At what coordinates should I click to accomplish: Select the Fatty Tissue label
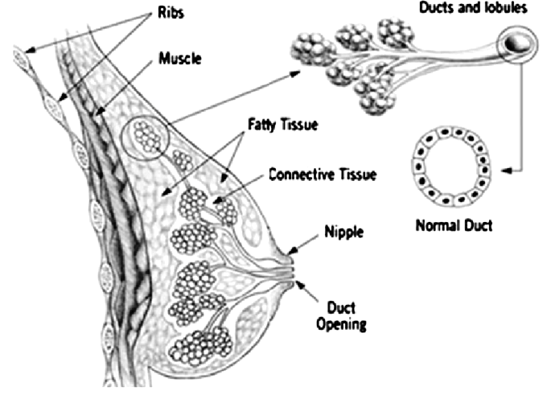[x=282, y=125]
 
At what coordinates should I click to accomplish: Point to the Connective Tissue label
[x=323, y=174]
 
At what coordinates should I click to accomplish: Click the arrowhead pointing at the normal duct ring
[x=503, y=170]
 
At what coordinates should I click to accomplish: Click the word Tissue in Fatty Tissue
[x=302, y=125]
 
